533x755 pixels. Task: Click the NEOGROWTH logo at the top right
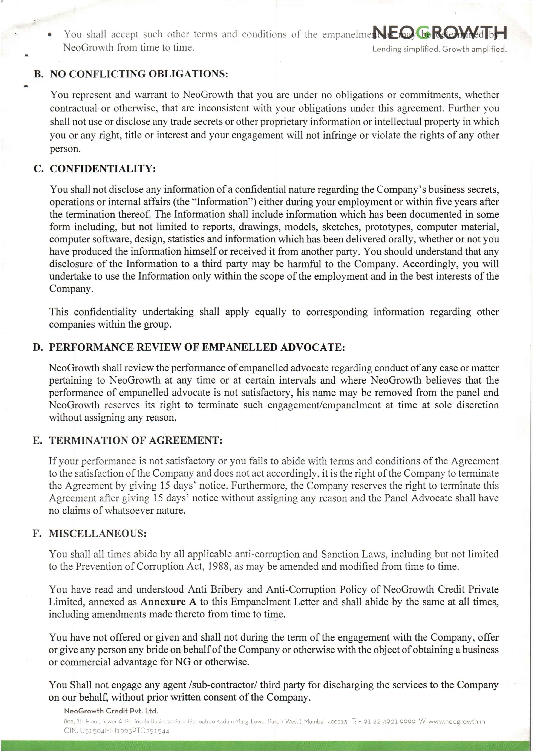tap(440, 33)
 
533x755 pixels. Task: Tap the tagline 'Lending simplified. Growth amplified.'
tap(440, 49)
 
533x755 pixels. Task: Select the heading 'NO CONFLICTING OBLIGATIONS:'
tap(139, 74)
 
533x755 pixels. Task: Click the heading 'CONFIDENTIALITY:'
tap(103, 169)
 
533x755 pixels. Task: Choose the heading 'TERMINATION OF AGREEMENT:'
tap(136, 440)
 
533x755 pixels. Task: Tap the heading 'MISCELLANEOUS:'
tap(98, 533)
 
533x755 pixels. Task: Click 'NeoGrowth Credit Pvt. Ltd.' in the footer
tap(111, 720)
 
